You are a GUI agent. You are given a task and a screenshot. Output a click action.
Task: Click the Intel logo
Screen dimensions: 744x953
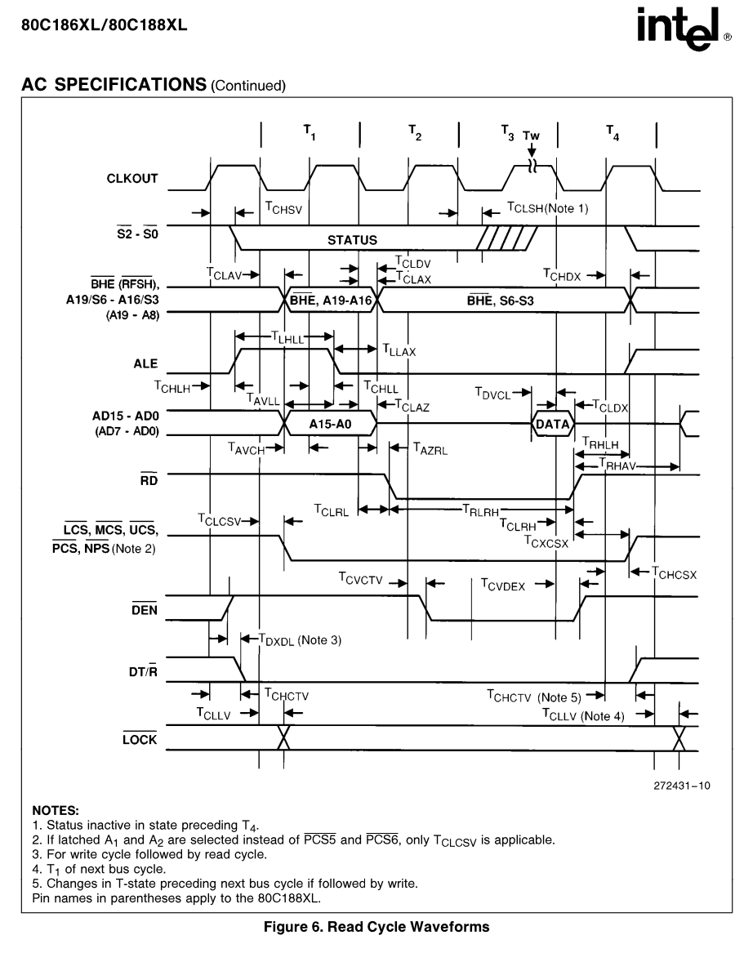(684, 29)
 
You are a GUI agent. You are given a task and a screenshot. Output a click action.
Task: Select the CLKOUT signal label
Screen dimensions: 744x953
(132, 179)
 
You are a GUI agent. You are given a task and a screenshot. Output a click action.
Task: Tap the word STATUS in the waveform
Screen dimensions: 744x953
(353, 240)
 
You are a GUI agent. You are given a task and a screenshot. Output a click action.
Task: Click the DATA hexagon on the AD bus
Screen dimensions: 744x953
(553, 424)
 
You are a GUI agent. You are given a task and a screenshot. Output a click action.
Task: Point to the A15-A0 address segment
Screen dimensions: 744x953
(330, 424)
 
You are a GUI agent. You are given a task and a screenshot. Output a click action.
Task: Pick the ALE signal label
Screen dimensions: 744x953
(145, 363)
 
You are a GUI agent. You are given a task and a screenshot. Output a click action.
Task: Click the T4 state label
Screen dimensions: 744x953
(613, 132)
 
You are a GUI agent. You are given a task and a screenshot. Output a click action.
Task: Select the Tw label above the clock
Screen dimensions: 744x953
(532, 136)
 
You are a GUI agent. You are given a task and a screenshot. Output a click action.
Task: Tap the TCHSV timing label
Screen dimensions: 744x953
(283, 208)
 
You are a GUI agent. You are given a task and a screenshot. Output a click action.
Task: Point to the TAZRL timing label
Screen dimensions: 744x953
(430, 449)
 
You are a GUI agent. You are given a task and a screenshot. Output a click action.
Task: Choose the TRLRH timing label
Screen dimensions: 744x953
(481, 510)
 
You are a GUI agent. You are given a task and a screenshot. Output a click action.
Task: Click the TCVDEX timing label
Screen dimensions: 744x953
(503, 585)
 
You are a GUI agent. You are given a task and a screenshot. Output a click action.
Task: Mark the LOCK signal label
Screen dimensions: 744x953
(140, 739)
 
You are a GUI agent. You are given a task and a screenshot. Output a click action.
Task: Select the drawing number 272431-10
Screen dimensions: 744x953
(681, 786)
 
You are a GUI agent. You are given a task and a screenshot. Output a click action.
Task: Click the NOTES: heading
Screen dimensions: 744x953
(56, 810)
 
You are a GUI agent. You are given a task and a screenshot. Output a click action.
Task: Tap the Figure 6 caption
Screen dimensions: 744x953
(376, 927)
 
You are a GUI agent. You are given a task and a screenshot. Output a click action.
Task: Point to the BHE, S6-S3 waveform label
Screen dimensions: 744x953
(501, 301)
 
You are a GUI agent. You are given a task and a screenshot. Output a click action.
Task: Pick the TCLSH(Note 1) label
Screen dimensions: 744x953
(548, 208)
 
